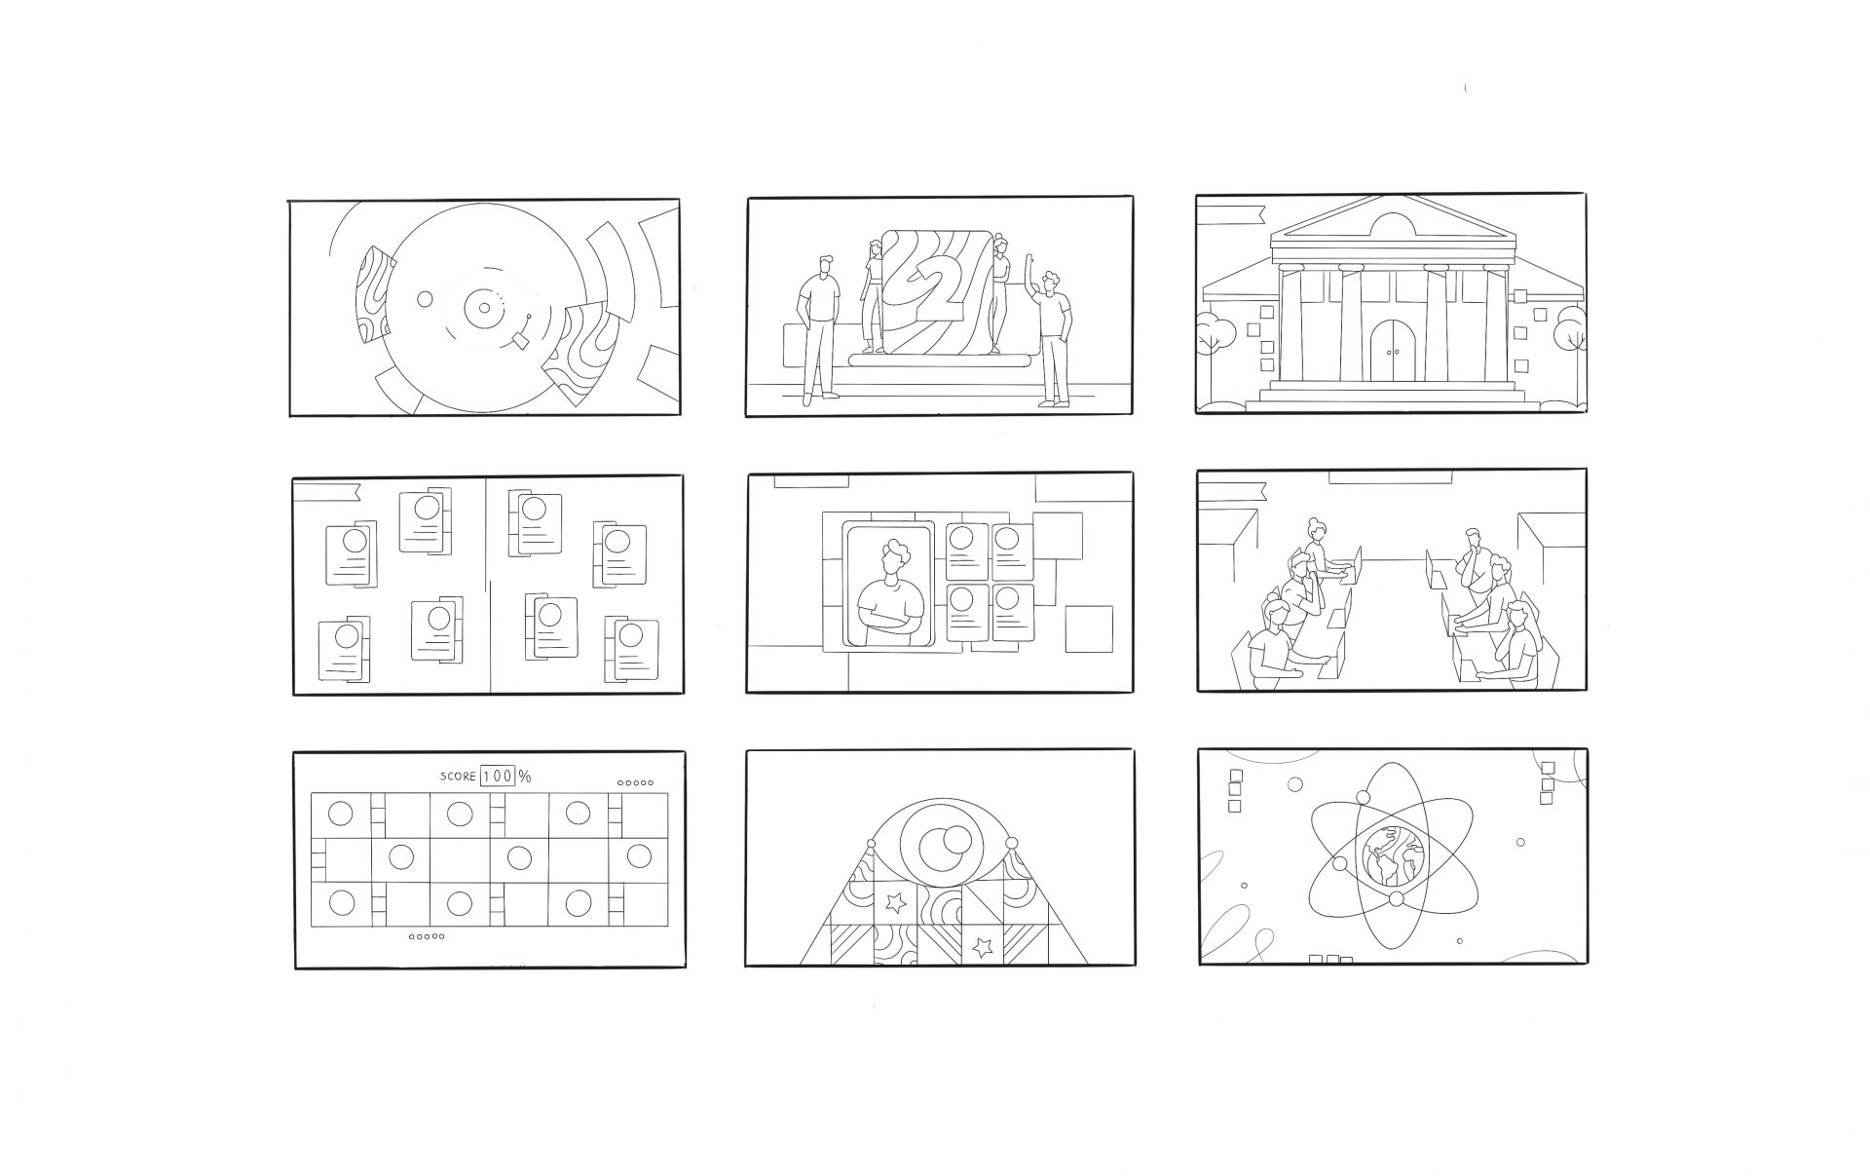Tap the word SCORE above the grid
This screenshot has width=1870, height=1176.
pos(458,777)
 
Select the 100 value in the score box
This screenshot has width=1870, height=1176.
pos(497,777)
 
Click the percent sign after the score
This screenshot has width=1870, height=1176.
pos(525,777)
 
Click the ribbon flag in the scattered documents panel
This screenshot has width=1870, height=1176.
pos(328,491)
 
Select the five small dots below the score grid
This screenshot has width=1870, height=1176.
pos(428,936)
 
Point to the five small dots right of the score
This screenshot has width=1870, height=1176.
pos(635,782)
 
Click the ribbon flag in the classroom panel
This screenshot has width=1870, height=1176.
pos(1231,489)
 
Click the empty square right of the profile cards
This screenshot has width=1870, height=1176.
pos(1088,628)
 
